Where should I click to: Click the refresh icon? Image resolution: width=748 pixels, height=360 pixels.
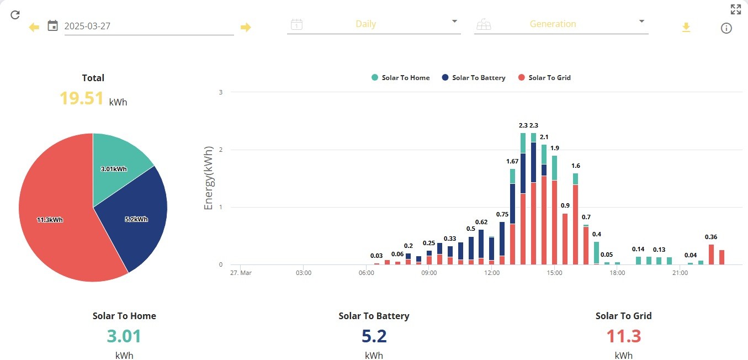click(15, 15)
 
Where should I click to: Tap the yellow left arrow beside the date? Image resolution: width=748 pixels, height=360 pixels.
click(34, 27)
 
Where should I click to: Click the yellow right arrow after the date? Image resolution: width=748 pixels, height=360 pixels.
click(246, 27)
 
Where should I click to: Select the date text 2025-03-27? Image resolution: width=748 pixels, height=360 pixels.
click(87, 26)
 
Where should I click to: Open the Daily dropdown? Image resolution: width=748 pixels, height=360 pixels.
click(374, 24)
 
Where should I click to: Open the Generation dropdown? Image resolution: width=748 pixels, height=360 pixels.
click(561, 24)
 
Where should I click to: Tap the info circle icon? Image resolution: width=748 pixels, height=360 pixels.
click(726, 28)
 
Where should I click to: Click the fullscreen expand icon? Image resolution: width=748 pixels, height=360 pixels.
click(736, 9)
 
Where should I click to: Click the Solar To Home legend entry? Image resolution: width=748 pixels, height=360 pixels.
click(400, 77)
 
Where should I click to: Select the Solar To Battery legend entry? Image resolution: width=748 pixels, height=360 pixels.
click(474, 77)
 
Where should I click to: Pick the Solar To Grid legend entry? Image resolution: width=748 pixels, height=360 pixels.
click(544, 77)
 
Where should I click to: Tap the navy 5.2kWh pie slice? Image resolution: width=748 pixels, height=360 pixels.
click(137, 220)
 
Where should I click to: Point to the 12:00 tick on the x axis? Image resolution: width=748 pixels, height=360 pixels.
click(491, 273)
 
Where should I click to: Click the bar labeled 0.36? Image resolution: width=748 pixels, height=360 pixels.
click(711, 255)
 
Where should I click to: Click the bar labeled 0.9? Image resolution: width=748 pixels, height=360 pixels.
click(565, 239)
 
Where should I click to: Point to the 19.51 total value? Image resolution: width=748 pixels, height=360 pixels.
click(81, 98)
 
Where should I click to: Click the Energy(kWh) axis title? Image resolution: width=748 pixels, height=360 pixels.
click(208, 178)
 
